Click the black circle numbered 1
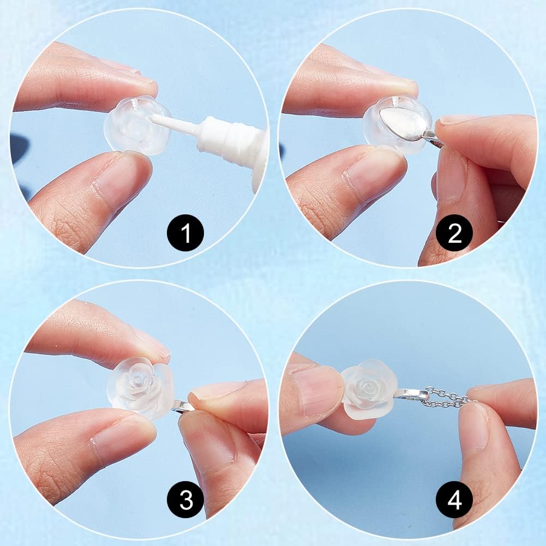[185, 233]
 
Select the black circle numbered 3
[185, 499]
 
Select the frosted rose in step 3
[140, 387]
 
